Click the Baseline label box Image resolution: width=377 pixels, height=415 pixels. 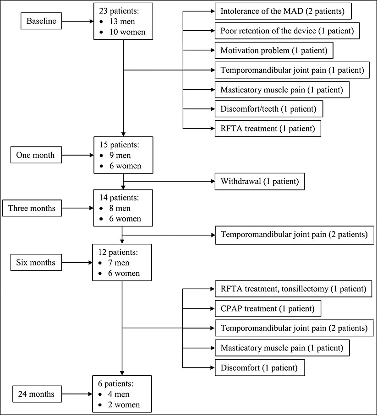[41, 21]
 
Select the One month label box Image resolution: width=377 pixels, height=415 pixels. [36, 155]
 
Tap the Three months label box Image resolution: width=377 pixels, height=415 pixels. [32, 208]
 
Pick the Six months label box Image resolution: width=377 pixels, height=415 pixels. [36, 262]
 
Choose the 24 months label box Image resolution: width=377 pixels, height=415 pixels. [37, 394]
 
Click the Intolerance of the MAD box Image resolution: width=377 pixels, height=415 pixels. [283, 11]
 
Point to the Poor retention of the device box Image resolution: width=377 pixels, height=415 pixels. [287, 31]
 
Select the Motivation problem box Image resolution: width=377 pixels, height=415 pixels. [274, 50]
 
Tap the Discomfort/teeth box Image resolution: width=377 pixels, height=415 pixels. [269, 109]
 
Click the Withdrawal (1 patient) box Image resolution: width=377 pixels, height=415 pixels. [260, 181]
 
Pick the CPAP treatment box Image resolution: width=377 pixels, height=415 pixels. [268, 308]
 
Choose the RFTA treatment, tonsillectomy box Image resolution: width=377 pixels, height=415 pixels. [293, 289]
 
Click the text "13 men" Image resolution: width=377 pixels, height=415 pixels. [122, 22]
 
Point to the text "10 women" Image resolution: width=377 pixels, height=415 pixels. [127, 32]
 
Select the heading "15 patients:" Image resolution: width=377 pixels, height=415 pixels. [119, 145]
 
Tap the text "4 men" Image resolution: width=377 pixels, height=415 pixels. [119, 394]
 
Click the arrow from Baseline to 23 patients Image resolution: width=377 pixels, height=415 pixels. [77, 21]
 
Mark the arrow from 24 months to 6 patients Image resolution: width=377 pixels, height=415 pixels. [77, 394]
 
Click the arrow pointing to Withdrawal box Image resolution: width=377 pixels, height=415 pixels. [169, 181]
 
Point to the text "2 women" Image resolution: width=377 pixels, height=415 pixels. [124, 404]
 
